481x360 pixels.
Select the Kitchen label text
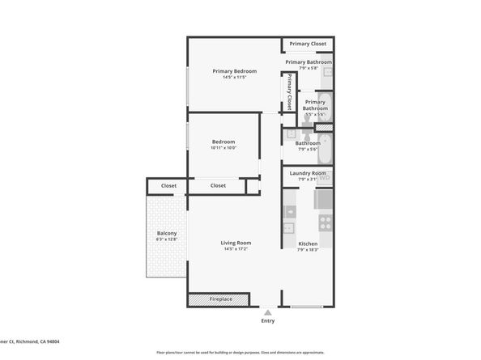click(308, 244)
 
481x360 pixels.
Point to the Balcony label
click(167, 233)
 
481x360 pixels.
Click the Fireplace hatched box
click(220, 299)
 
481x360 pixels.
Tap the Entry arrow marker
click(267, 311)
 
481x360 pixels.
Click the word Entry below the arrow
click(267, 320)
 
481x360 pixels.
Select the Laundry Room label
click(308, 173)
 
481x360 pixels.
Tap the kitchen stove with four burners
click(325, 222)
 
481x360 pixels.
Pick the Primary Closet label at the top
click(308, 44)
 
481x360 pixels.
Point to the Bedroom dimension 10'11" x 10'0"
click(223, 148)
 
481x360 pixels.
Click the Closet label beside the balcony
click(168, 186)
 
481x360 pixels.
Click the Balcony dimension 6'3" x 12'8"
click(167, 239)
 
